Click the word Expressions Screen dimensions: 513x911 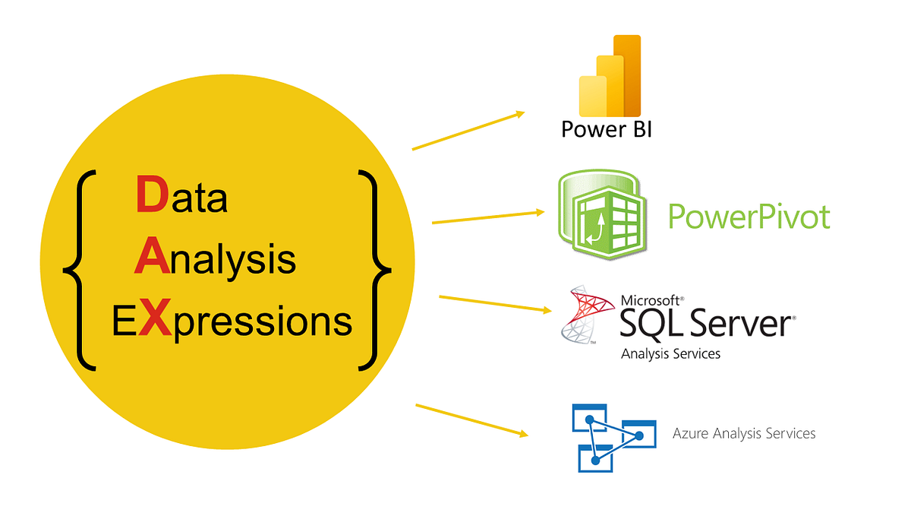point(232,321)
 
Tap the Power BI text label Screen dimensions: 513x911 point(607,128)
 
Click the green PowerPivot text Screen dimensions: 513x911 point(749,217)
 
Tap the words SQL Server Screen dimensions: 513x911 point(705,325)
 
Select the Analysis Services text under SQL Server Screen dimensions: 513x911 point(670,353)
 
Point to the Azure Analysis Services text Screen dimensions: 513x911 point(744,433)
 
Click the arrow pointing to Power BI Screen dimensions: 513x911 point(468,131)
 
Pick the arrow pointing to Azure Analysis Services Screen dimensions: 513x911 point(471,420)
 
